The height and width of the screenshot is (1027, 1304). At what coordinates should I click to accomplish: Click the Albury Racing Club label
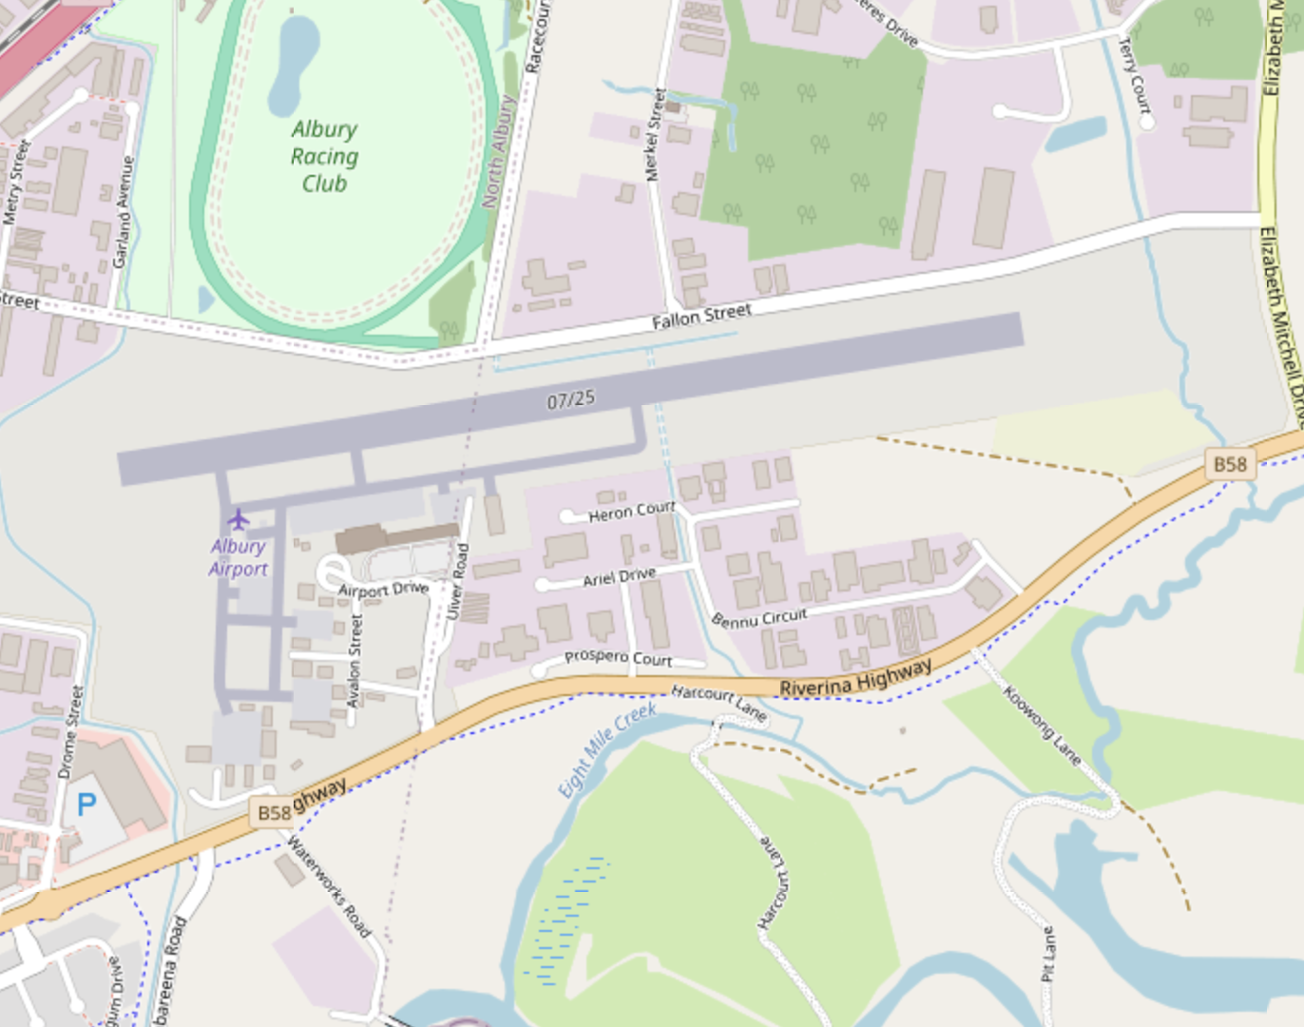coord(324,156)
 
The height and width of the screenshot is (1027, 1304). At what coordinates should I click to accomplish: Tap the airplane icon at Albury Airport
coord(238,519)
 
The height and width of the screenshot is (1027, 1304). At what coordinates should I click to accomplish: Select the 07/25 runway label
coord(571,399)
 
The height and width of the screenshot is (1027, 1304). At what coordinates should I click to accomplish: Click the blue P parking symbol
coord(86,804)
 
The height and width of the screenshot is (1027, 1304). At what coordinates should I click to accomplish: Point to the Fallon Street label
coord(701,316)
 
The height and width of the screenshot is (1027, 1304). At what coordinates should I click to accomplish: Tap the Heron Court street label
coord(631,512)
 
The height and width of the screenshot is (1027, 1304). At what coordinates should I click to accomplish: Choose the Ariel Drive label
coord(619,577)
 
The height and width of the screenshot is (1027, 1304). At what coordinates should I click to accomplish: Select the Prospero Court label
coord(618,657)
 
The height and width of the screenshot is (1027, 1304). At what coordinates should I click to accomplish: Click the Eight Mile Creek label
coord(606,750)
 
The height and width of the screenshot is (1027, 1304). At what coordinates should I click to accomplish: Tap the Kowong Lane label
coord(1043,726)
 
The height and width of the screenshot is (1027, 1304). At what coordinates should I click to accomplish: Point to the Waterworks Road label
coord(329,886)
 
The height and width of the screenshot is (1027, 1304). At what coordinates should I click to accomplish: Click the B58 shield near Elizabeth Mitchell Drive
coord(1230,464)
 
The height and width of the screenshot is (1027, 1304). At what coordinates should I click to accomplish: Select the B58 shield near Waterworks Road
coord(274,812)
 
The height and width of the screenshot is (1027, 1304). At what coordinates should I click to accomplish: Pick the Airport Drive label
coord(383,590)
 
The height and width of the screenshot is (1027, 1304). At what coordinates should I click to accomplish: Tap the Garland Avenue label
coord(123,212)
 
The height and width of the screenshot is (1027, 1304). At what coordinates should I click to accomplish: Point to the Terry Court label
coord(1135,82)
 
